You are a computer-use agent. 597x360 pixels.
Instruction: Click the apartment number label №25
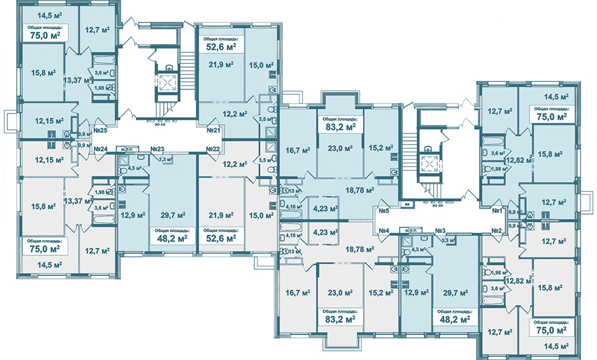click(101, 130)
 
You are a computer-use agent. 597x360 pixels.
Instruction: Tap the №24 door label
click(101, 150)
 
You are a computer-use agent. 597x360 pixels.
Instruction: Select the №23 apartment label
click(156, 150)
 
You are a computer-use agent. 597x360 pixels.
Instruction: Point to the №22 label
click(213, 150)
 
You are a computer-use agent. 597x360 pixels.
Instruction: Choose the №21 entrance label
click(214, 130)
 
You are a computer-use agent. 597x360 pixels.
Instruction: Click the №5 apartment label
click(383, 211)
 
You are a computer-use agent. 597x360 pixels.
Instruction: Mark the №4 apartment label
click(383, 231)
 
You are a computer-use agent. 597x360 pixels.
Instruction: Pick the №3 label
click(441, 231)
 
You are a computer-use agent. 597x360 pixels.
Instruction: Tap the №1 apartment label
click(496, 211)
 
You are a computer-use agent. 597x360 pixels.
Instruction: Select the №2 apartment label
click(496, 231)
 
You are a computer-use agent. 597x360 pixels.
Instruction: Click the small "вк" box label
click(406, 203)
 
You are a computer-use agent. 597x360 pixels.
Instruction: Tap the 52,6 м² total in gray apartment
click(221, 238)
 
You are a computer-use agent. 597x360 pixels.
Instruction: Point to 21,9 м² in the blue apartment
click(221, 65)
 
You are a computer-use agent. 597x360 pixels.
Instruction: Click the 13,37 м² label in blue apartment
click(76, 79)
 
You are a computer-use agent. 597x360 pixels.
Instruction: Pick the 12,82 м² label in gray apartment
click(518, 280)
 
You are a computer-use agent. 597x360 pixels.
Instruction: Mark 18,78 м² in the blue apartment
click(361, 191)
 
